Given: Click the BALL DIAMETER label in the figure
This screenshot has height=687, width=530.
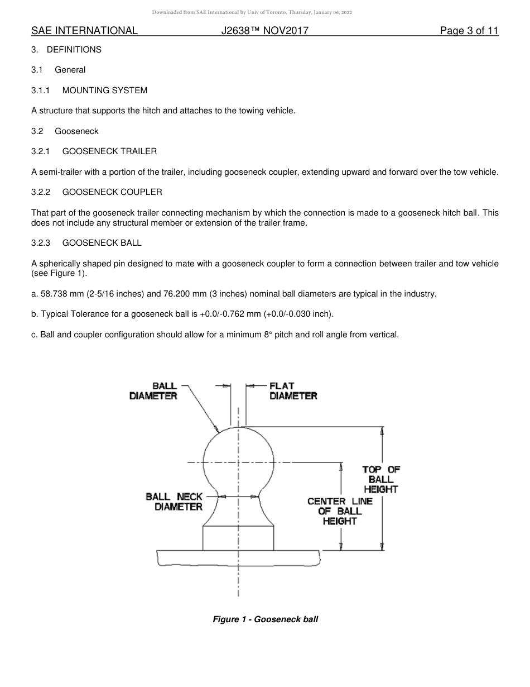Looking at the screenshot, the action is [x=153, y=391].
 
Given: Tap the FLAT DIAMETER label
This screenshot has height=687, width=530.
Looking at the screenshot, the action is [x=293, y=391].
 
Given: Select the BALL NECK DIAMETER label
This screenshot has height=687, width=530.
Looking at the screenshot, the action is [x=175, y=502].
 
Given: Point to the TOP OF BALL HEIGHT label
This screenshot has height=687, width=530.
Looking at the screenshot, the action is [x=381, y=479].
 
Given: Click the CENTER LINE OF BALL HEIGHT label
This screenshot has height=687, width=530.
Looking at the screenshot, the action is [x=340, y=511].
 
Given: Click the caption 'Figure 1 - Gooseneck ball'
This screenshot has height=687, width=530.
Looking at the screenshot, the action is [x=266, y=619].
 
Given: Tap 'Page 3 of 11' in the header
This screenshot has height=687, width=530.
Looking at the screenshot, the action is [x=469, y=31].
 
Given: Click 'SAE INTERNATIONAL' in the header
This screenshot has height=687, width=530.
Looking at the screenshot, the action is [x=84, y=31].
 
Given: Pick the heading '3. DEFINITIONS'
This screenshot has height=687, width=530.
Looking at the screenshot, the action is [x=66, y=50].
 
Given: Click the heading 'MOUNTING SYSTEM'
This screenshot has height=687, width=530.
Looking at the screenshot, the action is [x=105, y=90].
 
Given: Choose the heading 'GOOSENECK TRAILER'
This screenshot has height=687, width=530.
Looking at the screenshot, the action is [x=109, y=151].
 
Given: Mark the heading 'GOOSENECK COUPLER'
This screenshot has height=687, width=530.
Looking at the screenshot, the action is [x=112, y=192].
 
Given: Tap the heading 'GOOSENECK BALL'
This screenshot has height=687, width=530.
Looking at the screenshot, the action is [x=102, y=243].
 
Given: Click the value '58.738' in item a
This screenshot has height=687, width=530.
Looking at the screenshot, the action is [x=54, y=294].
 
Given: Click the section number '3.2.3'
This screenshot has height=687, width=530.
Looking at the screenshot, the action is [x=41, y=243].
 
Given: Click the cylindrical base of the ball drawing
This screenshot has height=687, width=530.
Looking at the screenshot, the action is [x=238, y=538].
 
